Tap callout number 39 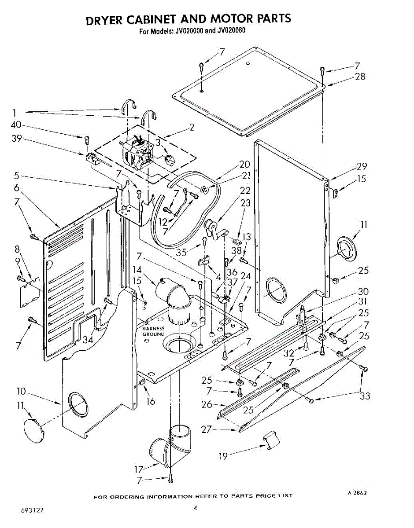pyautogui.click(x=16, y=139)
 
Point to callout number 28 pyautogui.click(x=360, y=77)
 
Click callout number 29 pyautogui.click(x=361, y=166)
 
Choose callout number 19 pyautogui.click(x=223, y=456)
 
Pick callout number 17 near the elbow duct pyautogui.click(x=139, y=469)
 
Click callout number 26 pyautogui.click(x=207, y=404)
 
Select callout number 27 pyautogui.click(x=207, y=429)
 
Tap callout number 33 pyautogui.click(x=365, y=396)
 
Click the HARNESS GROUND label pyautogui.click(x=153, y=331)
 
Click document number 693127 pyautogui.click(x=32, y=512)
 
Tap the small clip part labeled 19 pyautogui.click(x=270, y=439)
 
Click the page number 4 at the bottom pyautogui.click(x=195, y=509)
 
